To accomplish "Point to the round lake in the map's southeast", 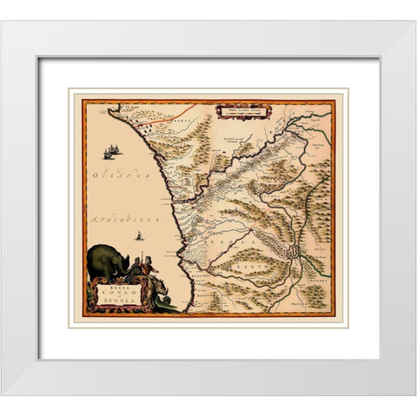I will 295,252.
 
